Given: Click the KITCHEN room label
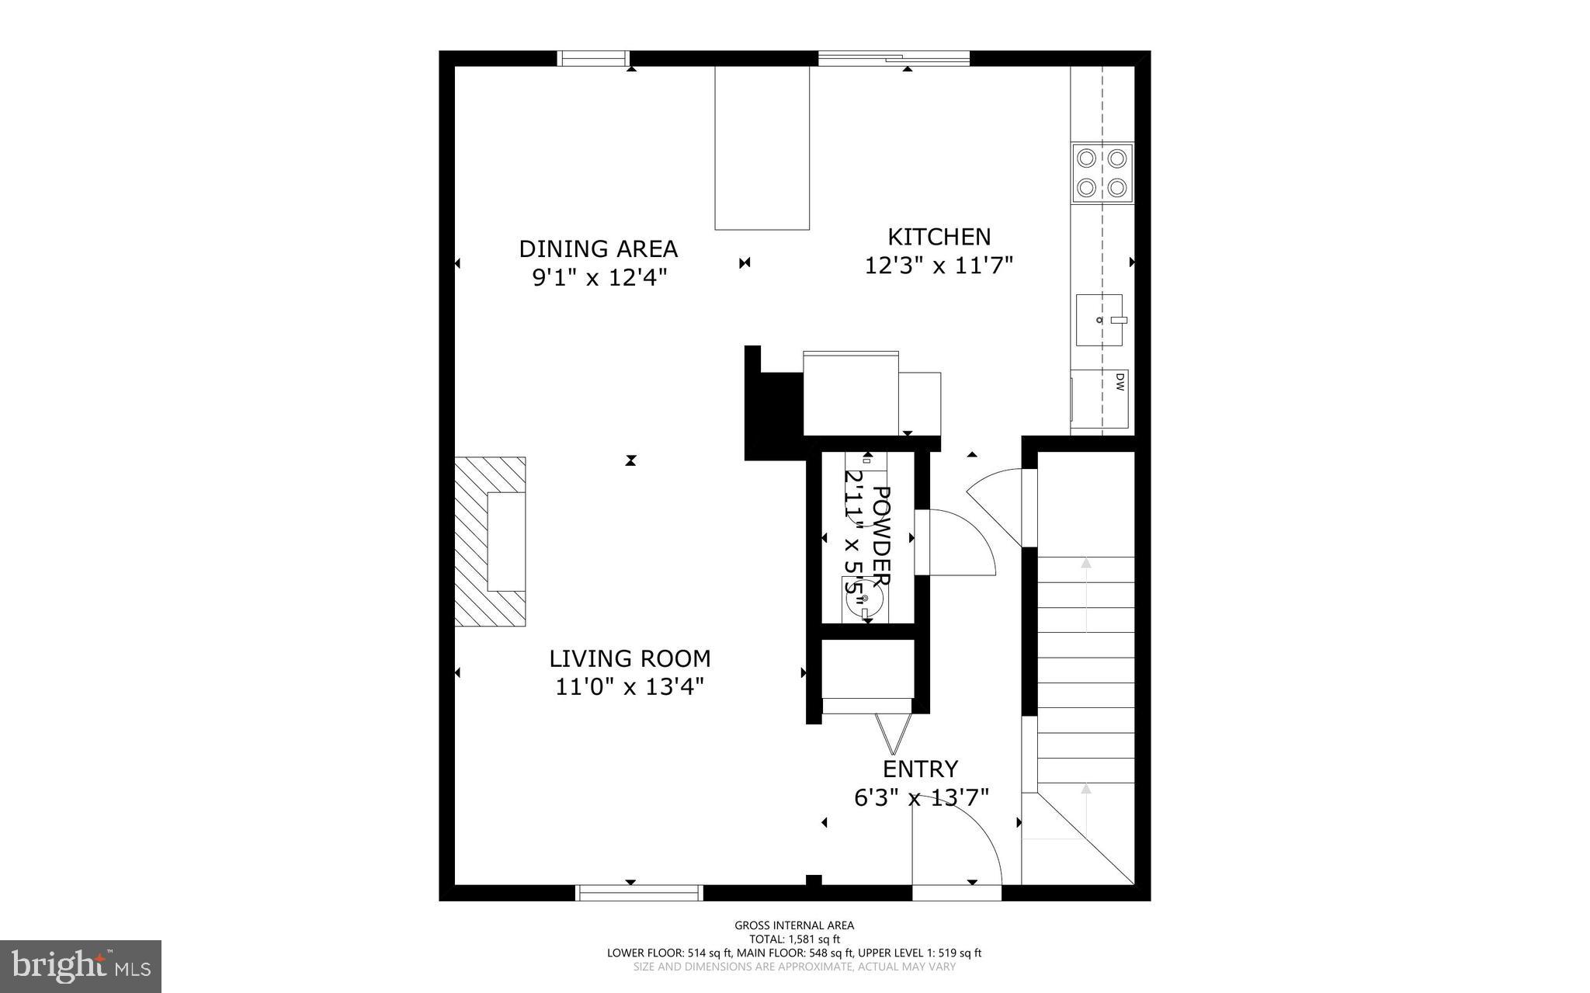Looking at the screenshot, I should point(939,236).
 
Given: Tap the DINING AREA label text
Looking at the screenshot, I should point(598,248).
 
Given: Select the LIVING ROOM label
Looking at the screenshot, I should point(630,658).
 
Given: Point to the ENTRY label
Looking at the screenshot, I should point(920,769).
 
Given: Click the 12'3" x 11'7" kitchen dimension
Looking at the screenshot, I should point(939,266).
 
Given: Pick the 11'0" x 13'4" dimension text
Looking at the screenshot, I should point(630,686).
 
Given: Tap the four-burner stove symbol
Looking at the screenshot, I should point(1102,172).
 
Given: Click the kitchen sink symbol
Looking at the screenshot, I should point(1099,320).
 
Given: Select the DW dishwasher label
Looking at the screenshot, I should point(1120,381).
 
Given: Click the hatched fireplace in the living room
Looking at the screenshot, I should point(491,541).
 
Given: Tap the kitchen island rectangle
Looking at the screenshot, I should point(762,148).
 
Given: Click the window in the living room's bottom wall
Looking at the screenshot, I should point(639,892).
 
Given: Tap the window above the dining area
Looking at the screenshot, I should point(594,58).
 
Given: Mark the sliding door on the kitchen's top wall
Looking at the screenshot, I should point(893,58).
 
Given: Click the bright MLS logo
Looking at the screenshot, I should point(81,966).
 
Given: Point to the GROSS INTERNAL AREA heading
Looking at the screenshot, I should point(794,925).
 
